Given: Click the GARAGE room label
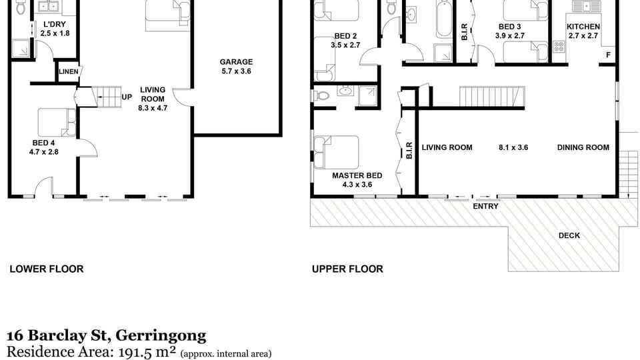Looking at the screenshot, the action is pos(236,62).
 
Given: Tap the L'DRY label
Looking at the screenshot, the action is pos(55,25).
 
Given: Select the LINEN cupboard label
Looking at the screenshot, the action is pos(69,72).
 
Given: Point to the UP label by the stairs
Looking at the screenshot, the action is pos(127,97).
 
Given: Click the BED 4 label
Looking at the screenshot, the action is pos(44,143).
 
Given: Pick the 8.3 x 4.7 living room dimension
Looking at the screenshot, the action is pos(153,108).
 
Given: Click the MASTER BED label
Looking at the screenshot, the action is pos(357,175).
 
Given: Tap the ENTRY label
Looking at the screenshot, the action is pos(486,207).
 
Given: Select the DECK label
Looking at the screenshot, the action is pos(569,235).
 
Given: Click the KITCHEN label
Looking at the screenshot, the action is pos(583,27).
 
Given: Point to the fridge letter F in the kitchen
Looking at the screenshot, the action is pos(608,55).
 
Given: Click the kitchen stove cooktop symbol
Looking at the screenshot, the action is pos(559,47).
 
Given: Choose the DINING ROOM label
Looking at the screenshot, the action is pos(583,147).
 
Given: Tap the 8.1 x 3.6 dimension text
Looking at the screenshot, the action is pos(513,147).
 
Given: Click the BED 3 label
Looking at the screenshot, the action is pos(510,27).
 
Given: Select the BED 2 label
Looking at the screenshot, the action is pos(346,36).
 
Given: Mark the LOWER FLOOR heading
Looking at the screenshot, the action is pos(47,269).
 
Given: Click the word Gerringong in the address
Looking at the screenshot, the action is pos(161,335).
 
